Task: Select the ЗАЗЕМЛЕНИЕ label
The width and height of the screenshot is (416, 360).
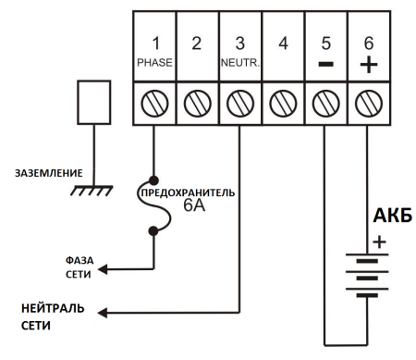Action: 49,172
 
